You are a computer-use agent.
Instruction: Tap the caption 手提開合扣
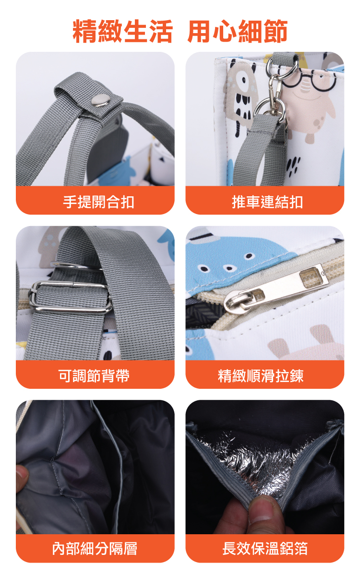coord(99,202)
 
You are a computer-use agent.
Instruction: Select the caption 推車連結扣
coord(267,202)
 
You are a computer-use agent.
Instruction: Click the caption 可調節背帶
coord(94,376)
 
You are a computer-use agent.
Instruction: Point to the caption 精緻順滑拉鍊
coord(261,376)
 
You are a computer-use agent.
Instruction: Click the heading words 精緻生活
coord(122,31)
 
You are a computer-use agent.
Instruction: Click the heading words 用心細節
coord(238,31)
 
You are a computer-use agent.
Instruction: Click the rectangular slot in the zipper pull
coord(313,277)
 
